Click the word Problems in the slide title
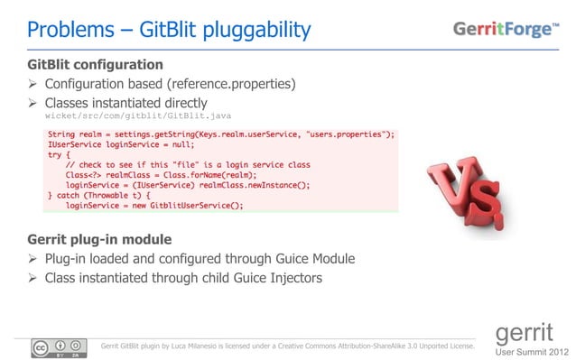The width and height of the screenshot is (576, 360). point(65,30)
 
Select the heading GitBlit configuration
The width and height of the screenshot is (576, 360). point(96,65)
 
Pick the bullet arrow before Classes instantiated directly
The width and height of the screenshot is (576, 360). point(34,103)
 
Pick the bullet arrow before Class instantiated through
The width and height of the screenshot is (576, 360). point(34,278)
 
